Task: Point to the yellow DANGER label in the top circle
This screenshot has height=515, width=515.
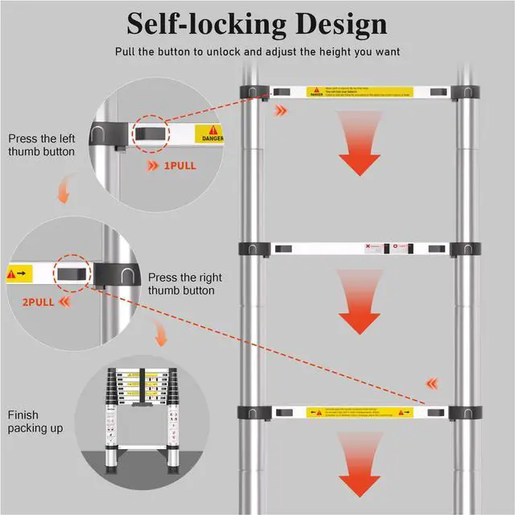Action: pyautogui.click(x=209, y=134)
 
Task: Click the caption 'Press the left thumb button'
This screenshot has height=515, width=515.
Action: pyautogui.click(x=42, y=144)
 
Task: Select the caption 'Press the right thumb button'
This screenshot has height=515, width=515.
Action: pyautogui.click(x=181, y=283)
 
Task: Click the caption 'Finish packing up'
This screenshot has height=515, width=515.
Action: pyautogui.click(x=35, y=422)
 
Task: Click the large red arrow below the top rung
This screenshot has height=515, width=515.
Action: pyautogui.click(x=359, y=142)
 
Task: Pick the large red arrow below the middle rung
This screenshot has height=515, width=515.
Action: pyautogui.click(x=359, y=305)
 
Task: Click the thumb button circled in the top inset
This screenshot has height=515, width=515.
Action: pyautogui.click(x=149, y=133)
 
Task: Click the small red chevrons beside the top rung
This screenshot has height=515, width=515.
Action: pyautogui.click(x=280, y=110)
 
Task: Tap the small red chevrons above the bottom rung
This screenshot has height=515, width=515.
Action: pyautogui.click(x=432, y=384)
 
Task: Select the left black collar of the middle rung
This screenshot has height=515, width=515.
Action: pyautogui.click(x=251, y=249)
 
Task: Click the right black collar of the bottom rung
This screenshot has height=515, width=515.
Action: pyautogui.click(x=466, y=413)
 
